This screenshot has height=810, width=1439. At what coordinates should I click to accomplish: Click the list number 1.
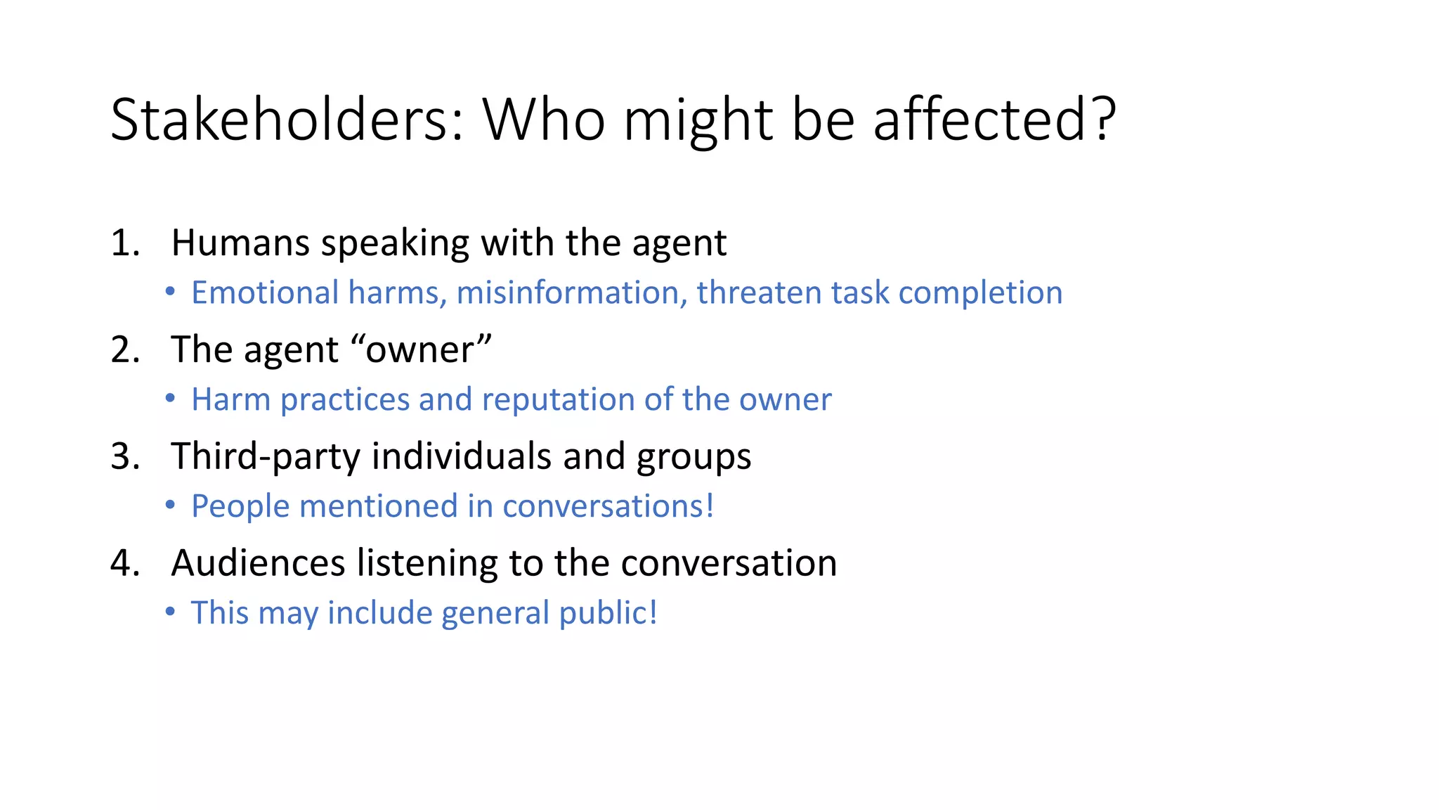point(124,243)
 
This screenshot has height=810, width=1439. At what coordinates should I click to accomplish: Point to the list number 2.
point(124,349)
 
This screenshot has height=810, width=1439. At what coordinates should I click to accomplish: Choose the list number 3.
point(124,456)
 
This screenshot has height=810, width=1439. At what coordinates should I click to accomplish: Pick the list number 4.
point(124,563)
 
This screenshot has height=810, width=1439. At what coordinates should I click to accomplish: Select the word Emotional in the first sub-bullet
point(265,292)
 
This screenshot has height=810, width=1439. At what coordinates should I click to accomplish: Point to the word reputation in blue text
point(558,399)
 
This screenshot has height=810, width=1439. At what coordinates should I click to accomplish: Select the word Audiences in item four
point(258,563)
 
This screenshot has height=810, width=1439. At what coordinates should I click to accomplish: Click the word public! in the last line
point(608,613)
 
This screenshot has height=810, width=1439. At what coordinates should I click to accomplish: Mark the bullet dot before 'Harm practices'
point(170,399)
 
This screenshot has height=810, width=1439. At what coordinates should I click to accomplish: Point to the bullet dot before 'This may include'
point(170,612)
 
